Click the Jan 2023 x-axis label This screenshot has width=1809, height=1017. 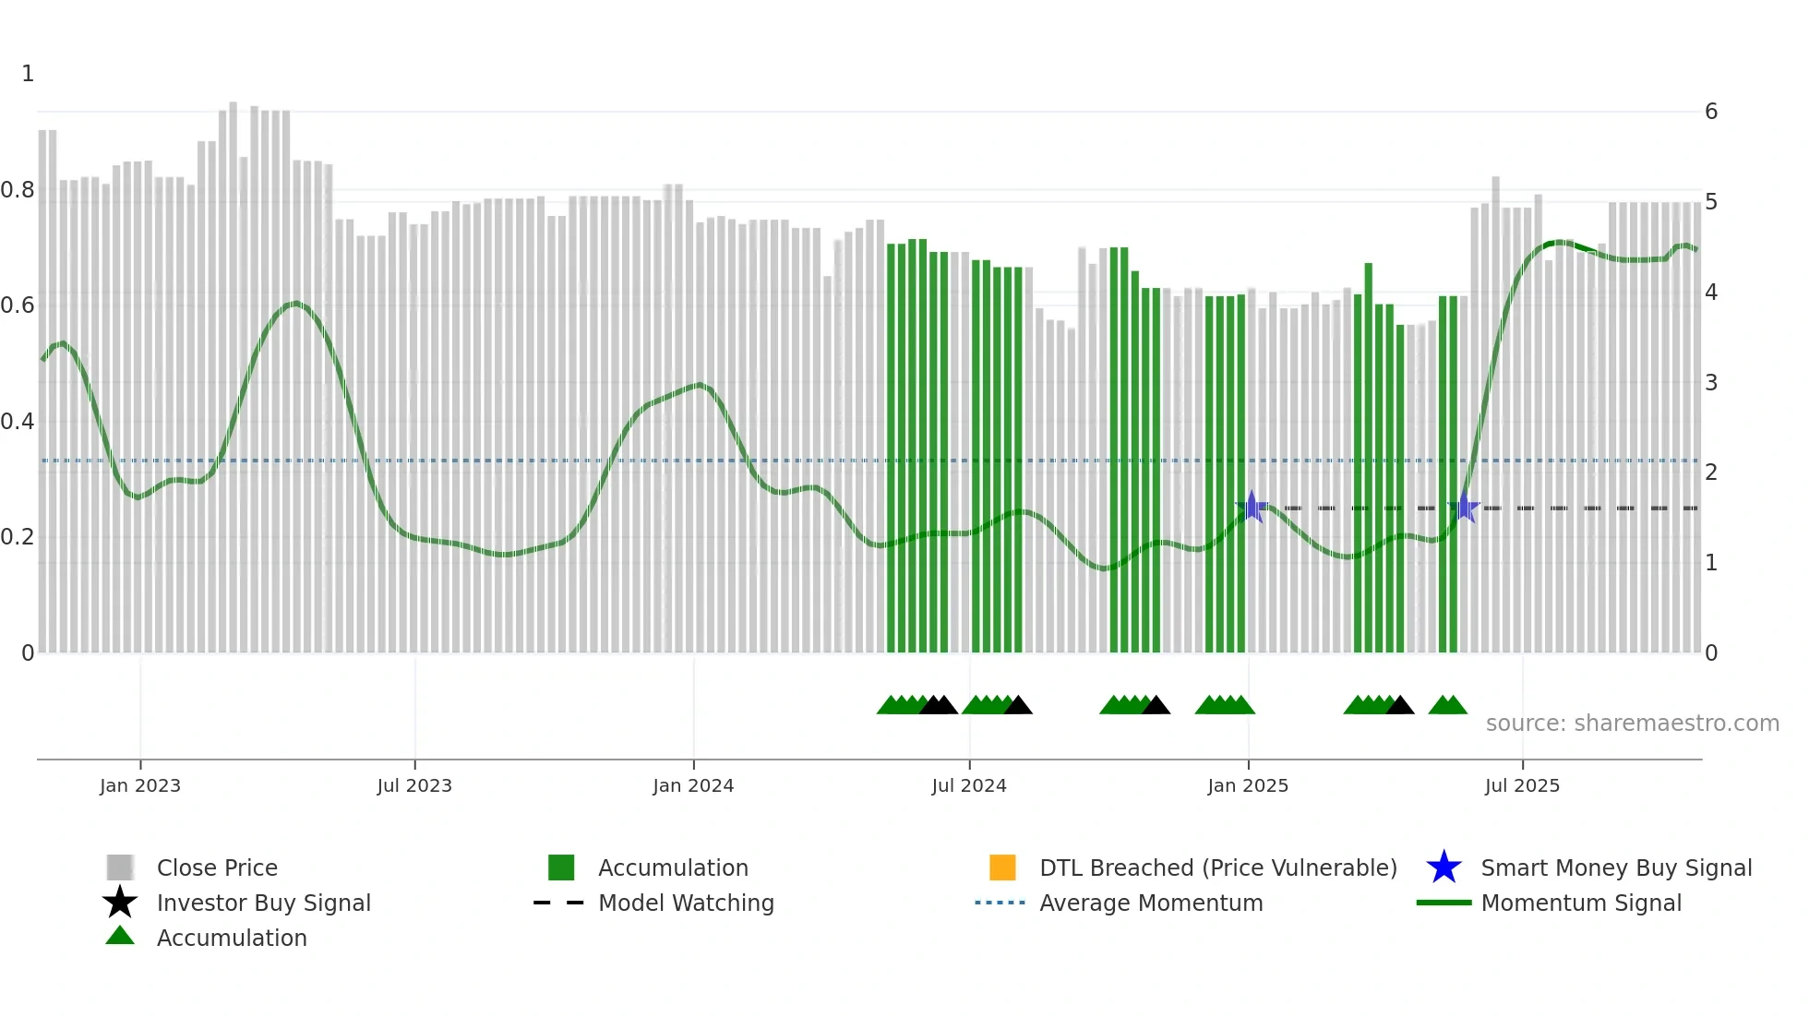coord(140,785)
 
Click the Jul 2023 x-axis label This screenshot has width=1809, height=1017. coord(414,785)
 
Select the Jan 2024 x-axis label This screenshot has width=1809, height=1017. coord(693,785)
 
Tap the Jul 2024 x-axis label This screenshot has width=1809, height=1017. coord(969,785)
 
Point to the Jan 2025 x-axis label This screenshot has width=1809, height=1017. coord(1248,785)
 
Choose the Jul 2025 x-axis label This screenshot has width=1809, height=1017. coord(1522,785)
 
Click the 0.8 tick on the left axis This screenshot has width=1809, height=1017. coord(18,190)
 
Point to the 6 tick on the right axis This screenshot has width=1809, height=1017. coord(1711,112)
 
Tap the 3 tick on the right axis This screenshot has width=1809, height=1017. coord(1711,382)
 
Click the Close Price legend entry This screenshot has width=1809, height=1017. coord(217,867)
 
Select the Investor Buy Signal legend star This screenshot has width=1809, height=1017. coord(120,903)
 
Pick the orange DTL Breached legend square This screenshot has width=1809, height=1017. coord(1002,867)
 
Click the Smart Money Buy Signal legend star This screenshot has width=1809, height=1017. coord(1444,867)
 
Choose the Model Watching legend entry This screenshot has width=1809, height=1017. coord(686,903)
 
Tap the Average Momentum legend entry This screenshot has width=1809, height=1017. coord(1151,903)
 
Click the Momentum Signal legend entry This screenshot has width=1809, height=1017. coord(1581,903)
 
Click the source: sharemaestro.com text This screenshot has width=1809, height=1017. coord(1632,724)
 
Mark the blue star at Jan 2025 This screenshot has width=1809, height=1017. coord(1252,507)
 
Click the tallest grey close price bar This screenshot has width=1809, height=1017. coord(233,369)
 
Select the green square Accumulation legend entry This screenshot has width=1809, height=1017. coord(561,867)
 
